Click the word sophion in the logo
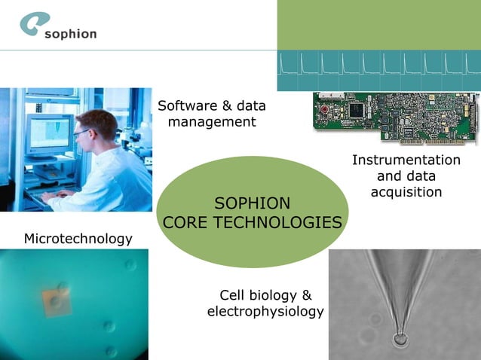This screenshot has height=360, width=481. pos(70,34)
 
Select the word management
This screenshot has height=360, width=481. pos(212,122)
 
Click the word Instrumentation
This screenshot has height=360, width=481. pos(406,160)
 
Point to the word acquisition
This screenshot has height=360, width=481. pos(406,192)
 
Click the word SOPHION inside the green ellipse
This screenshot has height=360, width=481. pos(252,203)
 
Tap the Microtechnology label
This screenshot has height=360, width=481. pos(78,239)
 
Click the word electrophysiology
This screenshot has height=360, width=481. pos(265,311)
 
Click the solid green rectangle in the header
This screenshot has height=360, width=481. pos(378,24)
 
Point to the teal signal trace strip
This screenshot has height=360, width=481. pos(378,71)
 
